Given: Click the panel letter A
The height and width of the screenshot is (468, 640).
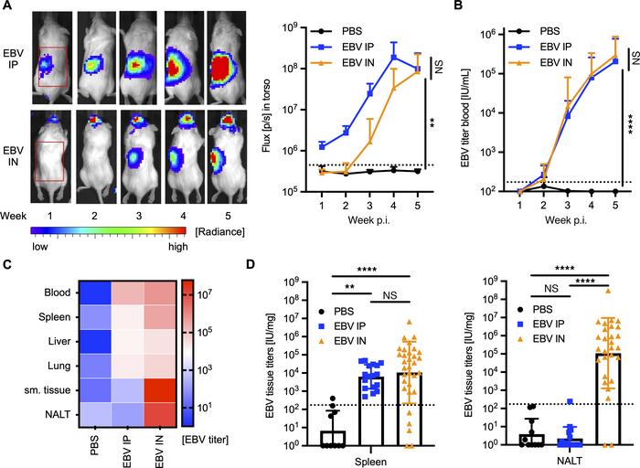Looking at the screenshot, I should (x=7, y=8).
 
